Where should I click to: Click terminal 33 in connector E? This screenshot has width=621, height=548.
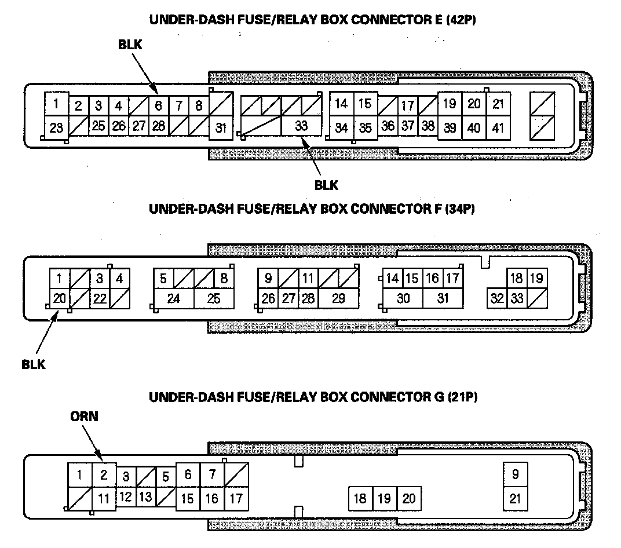[x=301, y=126]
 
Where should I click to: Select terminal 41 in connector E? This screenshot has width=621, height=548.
[x=498, y=127]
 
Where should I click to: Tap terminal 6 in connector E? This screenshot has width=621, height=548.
[x=158, y=105]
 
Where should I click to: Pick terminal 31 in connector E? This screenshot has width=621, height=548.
[x=221, y=127]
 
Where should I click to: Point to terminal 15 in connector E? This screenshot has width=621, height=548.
[x=364, y=104]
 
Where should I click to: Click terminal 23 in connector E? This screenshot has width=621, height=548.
[x=56, y=127]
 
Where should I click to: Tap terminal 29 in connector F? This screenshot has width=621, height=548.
[x=338, y=298]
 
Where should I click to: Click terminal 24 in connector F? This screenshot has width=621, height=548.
[x=173, y=298]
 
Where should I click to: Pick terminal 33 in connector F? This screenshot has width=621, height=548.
[x=517, y=298]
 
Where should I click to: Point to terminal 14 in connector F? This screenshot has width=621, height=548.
[x=393, y=279]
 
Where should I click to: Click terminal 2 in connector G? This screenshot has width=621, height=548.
[x=104, y=476]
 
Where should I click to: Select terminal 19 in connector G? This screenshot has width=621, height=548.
[x=384, y=498]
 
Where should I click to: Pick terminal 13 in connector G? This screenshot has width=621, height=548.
[x=146, y=497]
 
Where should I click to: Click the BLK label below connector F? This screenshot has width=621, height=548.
[x=34, y=365]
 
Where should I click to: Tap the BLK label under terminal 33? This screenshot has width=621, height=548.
[x=326, y=185]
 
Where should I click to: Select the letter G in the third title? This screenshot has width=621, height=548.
[x=439, y=397]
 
